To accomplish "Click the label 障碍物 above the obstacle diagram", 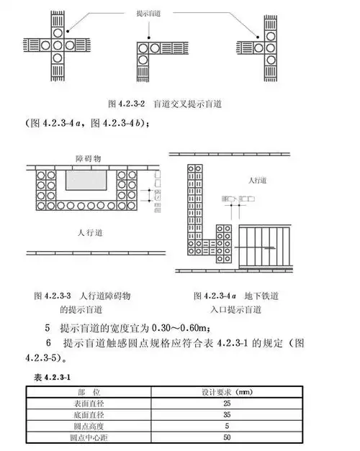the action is (89, 157).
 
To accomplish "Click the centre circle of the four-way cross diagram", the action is (58, 45).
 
